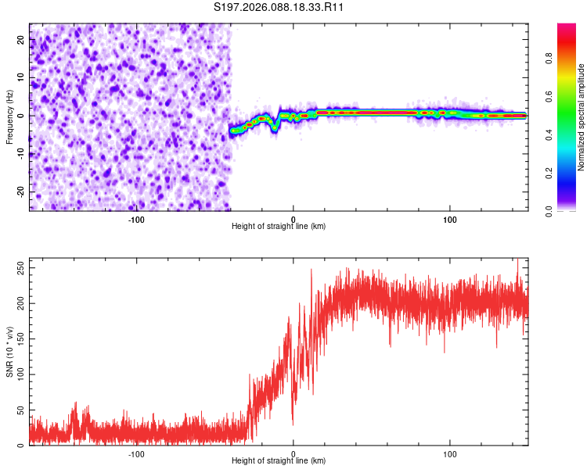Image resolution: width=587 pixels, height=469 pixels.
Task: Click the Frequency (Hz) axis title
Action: (9, 116)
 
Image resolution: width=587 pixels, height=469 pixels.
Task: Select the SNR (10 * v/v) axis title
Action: (9, 351)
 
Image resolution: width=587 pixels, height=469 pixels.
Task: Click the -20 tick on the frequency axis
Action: (20, 192)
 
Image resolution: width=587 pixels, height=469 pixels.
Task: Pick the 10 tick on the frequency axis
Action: (21, 78)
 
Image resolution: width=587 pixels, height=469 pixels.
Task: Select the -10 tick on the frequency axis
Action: (20, 154)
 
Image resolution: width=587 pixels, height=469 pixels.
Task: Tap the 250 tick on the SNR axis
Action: (18, 268)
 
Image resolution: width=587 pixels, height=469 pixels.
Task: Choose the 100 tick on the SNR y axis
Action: (18, 375)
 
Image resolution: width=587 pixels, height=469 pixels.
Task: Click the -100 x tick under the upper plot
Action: (136, 219)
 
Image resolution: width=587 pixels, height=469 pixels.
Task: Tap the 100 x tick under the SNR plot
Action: (450, 453)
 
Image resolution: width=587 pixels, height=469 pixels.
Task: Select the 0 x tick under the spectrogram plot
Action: (293, 219)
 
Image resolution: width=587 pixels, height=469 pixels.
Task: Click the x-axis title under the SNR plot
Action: (279, 461)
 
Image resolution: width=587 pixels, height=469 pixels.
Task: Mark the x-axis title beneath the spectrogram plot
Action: (279, 227)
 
